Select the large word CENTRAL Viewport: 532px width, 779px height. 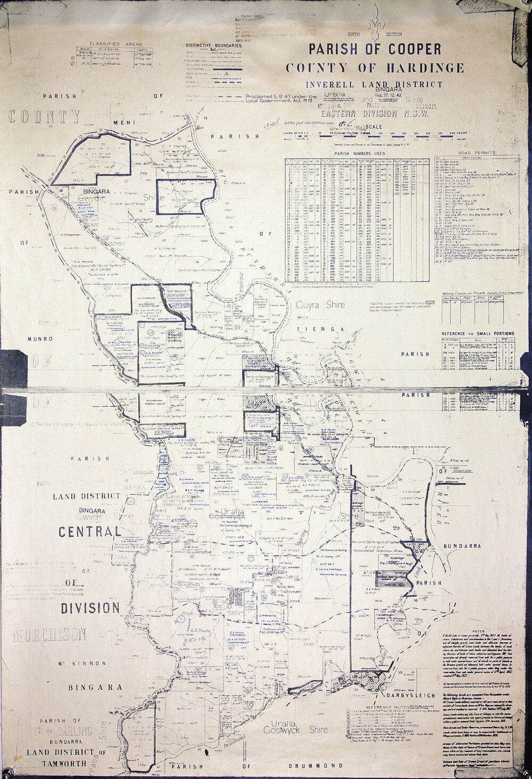pos(89,531)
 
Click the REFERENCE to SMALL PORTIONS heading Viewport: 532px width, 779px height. pos(478,333)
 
